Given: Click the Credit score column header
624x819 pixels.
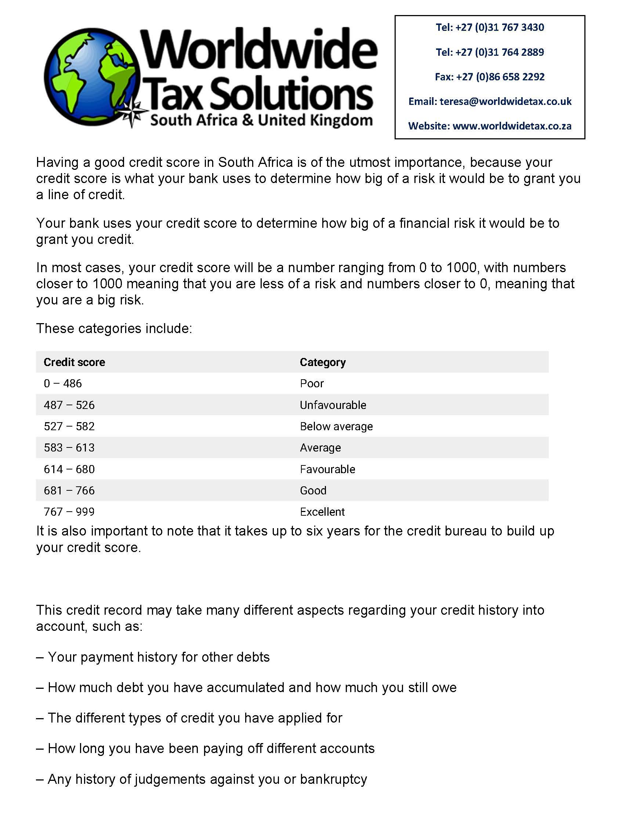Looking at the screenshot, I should [x=74, y=362].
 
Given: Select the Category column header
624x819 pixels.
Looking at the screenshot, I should [x=322, y=362].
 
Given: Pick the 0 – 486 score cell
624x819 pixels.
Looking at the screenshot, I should [x=63, y=383].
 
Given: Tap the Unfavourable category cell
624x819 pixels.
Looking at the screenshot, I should [x=333, y=405].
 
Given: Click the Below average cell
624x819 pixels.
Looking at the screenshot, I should [x=336, y=427].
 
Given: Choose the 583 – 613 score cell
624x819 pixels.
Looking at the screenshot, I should [x=69, y=447].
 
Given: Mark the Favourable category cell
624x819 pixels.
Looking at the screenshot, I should [x=327, y=469].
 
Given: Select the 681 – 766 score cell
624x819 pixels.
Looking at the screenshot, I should [x=69, y=491].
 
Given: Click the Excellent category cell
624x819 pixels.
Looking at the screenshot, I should [x=322, y=512].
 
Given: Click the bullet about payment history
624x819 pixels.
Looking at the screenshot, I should [x=153, y=657].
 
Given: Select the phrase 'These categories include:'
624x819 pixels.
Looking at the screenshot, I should [x=114, y=328].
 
